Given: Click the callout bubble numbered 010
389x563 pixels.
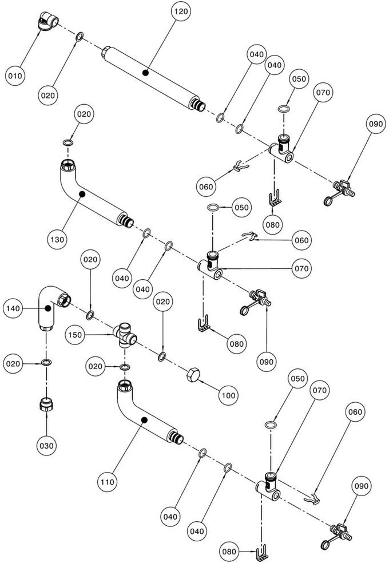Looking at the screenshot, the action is (15, 76).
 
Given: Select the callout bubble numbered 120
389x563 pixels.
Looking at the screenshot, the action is (181, 11).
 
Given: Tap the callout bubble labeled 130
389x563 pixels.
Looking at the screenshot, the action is (57, 239).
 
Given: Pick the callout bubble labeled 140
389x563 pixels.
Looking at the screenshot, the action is (13, 308).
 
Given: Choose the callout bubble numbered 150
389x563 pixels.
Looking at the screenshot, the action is (74, 335).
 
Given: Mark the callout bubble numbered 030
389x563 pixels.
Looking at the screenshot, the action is (46, 446).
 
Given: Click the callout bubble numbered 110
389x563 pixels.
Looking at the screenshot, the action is (108, 482).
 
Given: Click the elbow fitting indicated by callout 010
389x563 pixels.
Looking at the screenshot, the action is (48, 21).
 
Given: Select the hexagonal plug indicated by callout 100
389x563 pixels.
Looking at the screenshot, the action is (193, 375).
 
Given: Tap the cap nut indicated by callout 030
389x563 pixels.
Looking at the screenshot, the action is (46, 405).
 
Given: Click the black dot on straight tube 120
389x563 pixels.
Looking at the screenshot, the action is (145, 73).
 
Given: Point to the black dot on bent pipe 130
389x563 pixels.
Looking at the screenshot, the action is (82, 194).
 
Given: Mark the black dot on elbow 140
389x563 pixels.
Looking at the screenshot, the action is (47, 308).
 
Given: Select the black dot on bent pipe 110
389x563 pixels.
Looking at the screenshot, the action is (144, 420).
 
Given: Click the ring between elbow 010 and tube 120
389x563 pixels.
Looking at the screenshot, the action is (80, 36).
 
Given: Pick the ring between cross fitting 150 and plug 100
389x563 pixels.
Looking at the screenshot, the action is (162, 356).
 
